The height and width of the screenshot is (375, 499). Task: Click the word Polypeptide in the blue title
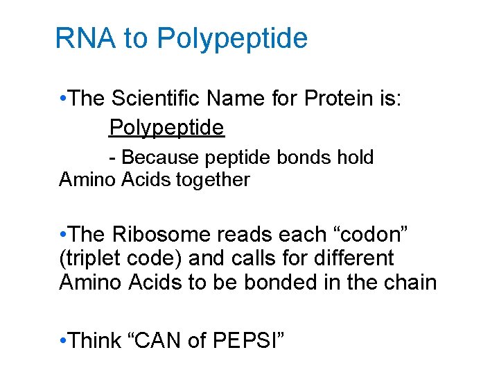pyautogui.click(x=232, y=39)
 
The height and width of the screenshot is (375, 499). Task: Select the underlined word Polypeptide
pyautogui.click(x=166, y=127)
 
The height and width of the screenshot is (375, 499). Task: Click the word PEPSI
pyautogui.click(x=254, y=340)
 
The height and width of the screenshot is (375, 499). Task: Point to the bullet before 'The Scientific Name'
pyautogui.click(x=63, y=99)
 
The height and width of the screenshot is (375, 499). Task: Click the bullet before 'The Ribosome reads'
pyautogui.click(x=63, y=235)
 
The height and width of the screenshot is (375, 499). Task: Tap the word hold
pyautogui.click(x=356, y=158)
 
